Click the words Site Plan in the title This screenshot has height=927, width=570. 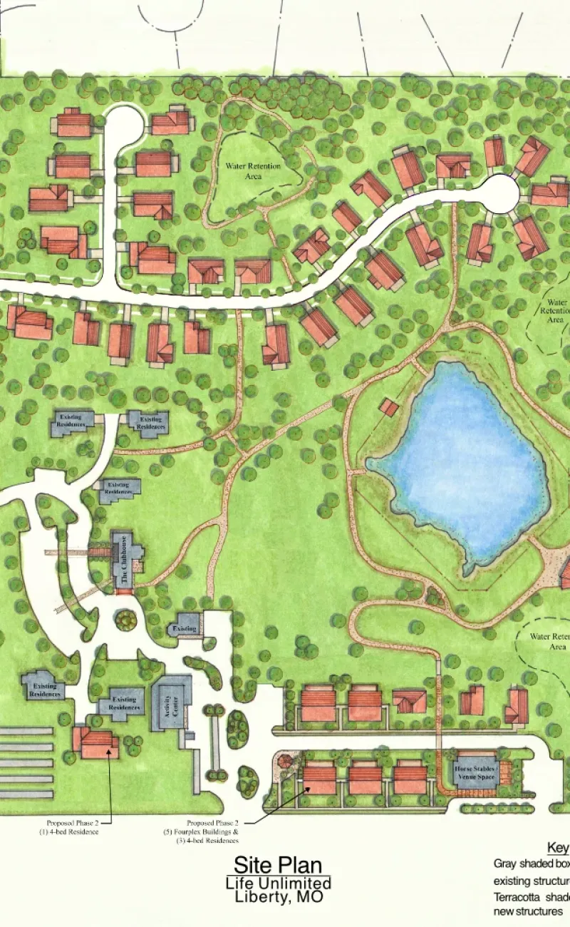click(278, 865)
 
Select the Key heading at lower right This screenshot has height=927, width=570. click(558, 848)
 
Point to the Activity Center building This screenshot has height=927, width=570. click(170, 702)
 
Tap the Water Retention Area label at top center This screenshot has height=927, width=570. click(253, 170)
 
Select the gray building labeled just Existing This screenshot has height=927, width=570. click(185, 628)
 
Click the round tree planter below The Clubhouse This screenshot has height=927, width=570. click(126, 619)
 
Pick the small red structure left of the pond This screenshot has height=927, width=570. click(388, 407)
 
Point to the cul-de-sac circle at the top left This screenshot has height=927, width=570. click(125, 126)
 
